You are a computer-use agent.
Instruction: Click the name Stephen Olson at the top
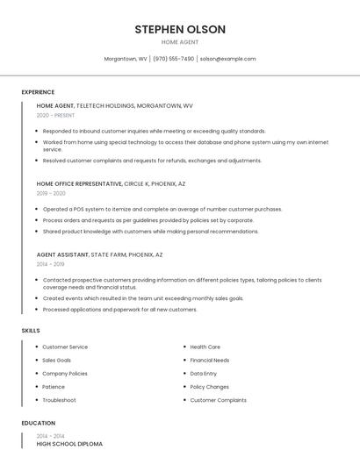pyautogui.click(x=180, y=29)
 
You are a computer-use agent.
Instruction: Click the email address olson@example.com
pyautogui.click(x=227, y=59)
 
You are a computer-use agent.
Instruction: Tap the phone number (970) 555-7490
pyautogui.click(x=173, y=59)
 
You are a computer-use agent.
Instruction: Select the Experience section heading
pyautogui.click(x=38, y=92)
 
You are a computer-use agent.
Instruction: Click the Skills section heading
pyautogui.click(x=31, y=330)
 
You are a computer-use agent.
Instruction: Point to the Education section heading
pyautogui.click(x=39, y=423)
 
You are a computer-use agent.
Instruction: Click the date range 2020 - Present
pyautogui.click(x=55, y=115)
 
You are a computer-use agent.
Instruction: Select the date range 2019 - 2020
pyautogui.click(x=51, y=193)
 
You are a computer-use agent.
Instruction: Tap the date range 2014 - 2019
pyautogui.click(x=50, y=263)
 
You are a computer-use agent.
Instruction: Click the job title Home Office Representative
pyautogui.click(x=79, y=184)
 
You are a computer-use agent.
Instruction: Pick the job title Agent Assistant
pyautogui.click(x=62, y=254)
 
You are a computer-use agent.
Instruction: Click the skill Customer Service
pyautogui.click(x=65, y=347)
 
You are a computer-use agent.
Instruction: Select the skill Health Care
pyautogui.click(x=205, y=347)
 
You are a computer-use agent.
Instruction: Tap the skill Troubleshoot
pyautogui.click(x=59, y=400)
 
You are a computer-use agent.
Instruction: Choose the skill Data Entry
pyautogui.click(x=203, y=374)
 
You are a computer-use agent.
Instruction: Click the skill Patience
pyautogui.click(x=54, y=387)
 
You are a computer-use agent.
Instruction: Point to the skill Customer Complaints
pyautogui.click(x=218, y=400)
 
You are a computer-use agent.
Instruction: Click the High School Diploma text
pyautogui.click(x=69, y=444)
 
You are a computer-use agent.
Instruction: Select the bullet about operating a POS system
pyautogui.click(x=162, y=210)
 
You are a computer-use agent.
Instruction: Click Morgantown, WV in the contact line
pyautogui.click(x=126, y=59)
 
